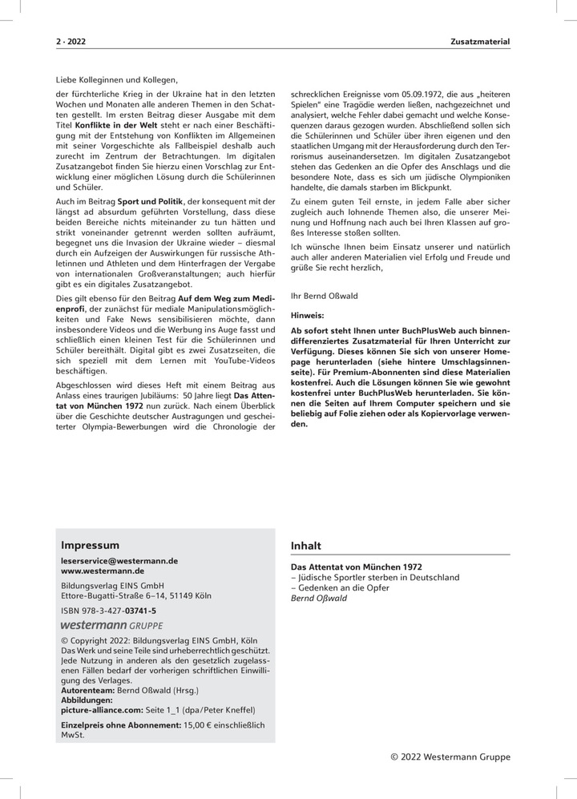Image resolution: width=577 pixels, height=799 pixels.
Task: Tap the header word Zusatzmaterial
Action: click(481, 40)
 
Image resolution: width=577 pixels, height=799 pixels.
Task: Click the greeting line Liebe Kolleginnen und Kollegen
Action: click(117, 79)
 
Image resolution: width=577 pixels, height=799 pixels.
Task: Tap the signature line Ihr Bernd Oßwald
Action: click(324, 295)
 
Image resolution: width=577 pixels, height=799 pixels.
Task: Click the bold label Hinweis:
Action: click(307, 316)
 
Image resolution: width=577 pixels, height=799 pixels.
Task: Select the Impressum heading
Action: click(90, 545)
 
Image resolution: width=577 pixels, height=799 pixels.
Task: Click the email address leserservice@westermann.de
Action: click(119, 561)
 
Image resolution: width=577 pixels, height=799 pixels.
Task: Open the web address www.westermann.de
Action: click(102, 571)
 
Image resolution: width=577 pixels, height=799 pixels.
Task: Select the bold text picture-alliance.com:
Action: click(103, 709)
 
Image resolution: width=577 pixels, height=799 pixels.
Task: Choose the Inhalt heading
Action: click(305, 546)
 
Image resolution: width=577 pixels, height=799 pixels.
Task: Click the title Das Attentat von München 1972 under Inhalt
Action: click(356, 567)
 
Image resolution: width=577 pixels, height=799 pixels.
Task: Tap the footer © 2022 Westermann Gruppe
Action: click(450, 757)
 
